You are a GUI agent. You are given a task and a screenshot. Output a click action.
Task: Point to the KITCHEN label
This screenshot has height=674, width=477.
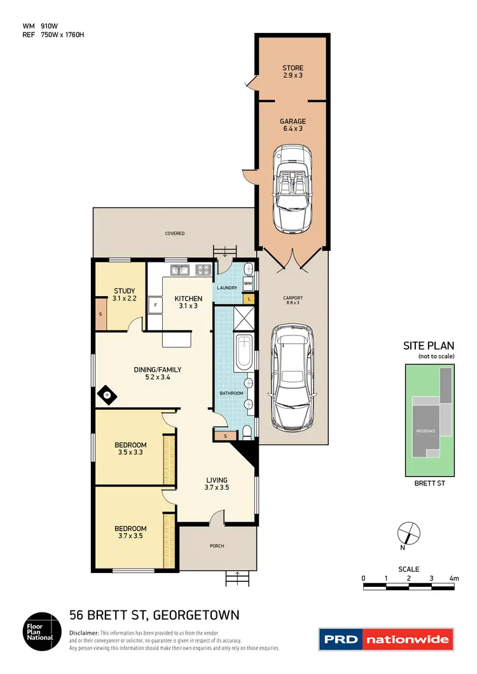[189, 302]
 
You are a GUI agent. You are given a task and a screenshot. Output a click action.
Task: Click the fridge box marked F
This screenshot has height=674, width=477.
[155, 305]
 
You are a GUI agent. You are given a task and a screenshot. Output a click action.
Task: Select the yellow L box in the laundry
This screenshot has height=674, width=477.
[249, 298]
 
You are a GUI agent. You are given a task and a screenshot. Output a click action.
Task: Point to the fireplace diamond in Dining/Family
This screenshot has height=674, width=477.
[106, 396]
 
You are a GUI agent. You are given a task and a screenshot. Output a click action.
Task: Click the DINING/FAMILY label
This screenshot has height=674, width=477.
[157, 373]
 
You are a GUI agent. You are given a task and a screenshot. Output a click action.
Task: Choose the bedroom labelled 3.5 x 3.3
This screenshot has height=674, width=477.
[130, 448]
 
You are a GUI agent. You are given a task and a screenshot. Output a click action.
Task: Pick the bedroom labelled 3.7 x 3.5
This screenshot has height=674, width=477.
[130, 532]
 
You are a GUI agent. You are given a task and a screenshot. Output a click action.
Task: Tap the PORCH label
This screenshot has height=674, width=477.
[216, 546]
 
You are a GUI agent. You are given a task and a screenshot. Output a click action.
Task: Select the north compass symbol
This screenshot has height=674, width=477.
[408, 532]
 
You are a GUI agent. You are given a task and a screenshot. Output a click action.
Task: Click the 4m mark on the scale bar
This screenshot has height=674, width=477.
[453, 579]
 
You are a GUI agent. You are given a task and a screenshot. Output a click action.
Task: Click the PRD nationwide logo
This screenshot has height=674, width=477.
[386, 639]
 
